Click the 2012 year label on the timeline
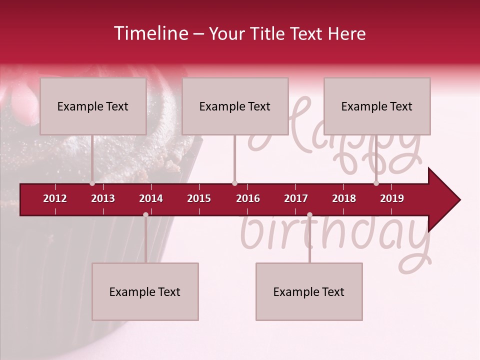click(55, 198)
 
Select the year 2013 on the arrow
click(103, 198)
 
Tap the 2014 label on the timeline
click(151, 198)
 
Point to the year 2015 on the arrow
click(199, 198)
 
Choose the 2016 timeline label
click(248, 198)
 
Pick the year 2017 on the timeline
click(296, 198)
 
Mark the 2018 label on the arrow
click(344, 198)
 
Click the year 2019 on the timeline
click(392, 198)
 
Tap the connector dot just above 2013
click(92, 183)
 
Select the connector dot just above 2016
click(234, 183)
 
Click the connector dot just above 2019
click(376, 183)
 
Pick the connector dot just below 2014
click(145, 215)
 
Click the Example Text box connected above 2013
click(93, 106)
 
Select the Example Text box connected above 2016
click(235, 106)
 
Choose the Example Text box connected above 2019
click(377, 106)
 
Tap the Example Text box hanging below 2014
click(145, 292)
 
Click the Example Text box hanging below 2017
click(309, 292)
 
